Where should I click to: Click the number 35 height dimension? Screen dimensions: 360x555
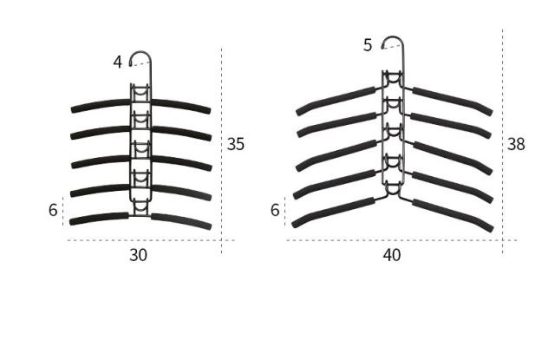[235, 144]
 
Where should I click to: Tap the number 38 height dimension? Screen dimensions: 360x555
[516, 144]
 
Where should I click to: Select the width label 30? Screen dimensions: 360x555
[139, 254]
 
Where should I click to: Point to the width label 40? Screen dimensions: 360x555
[392, 254]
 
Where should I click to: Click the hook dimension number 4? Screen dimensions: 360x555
[117, 62]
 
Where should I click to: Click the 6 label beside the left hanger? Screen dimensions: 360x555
[53, 210]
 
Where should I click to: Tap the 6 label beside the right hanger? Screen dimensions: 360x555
[275, 210]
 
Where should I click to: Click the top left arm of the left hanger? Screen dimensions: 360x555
[100, 106]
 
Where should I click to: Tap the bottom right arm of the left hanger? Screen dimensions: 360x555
[181, 219]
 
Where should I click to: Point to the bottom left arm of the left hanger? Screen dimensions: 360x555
[98, 219]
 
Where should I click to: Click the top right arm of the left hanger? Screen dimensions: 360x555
[181, 106]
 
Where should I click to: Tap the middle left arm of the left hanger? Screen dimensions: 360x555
[99, 161]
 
